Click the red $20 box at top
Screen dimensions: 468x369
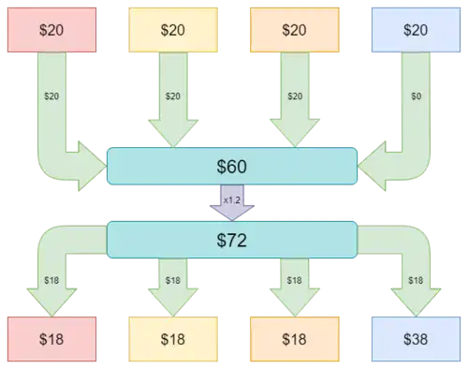(51, 30)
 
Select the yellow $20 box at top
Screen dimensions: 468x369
(173, 30)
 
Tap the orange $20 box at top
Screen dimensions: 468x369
(295, 30)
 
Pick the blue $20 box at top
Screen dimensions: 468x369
(416, 30)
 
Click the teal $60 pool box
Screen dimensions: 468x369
(232, 166)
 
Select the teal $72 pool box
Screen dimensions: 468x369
(232, 240)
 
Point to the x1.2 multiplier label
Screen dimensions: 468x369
(232, 200)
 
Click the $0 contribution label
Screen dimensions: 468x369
(417, 96)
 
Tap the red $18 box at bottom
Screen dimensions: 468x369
(51, 339)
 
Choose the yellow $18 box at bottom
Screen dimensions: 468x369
(173, 339)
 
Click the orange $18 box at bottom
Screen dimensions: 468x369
(295, 339)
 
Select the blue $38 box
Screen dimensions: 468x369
(416, 339)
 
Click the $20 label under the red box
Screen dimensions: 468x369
(51, 96)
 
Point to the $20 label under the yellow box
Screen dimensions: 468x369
(173, 96)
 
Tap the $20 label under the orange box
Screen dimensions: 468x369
(295, 96)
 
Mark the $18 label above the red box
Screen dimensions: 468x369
(51, 280)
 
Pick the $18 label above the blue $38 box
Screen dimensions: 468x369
(416, 280)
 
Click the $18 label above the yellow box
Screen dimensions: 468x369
(173, 280)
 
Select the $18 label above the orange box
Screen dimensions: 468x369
(295, 280)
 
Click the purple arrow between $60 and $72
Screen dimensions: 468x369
(232, 203)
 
